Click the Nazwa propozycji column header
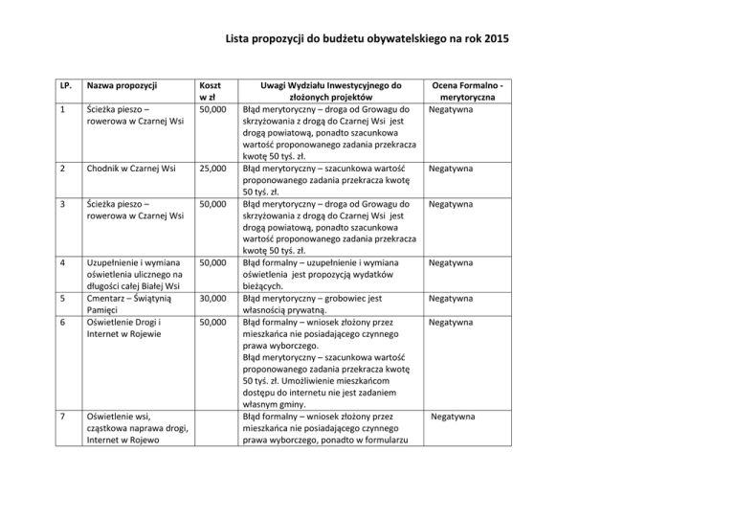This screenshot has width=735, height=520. [121, 85]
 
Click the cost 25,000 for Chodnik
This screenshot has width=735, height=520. [212, 169]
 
